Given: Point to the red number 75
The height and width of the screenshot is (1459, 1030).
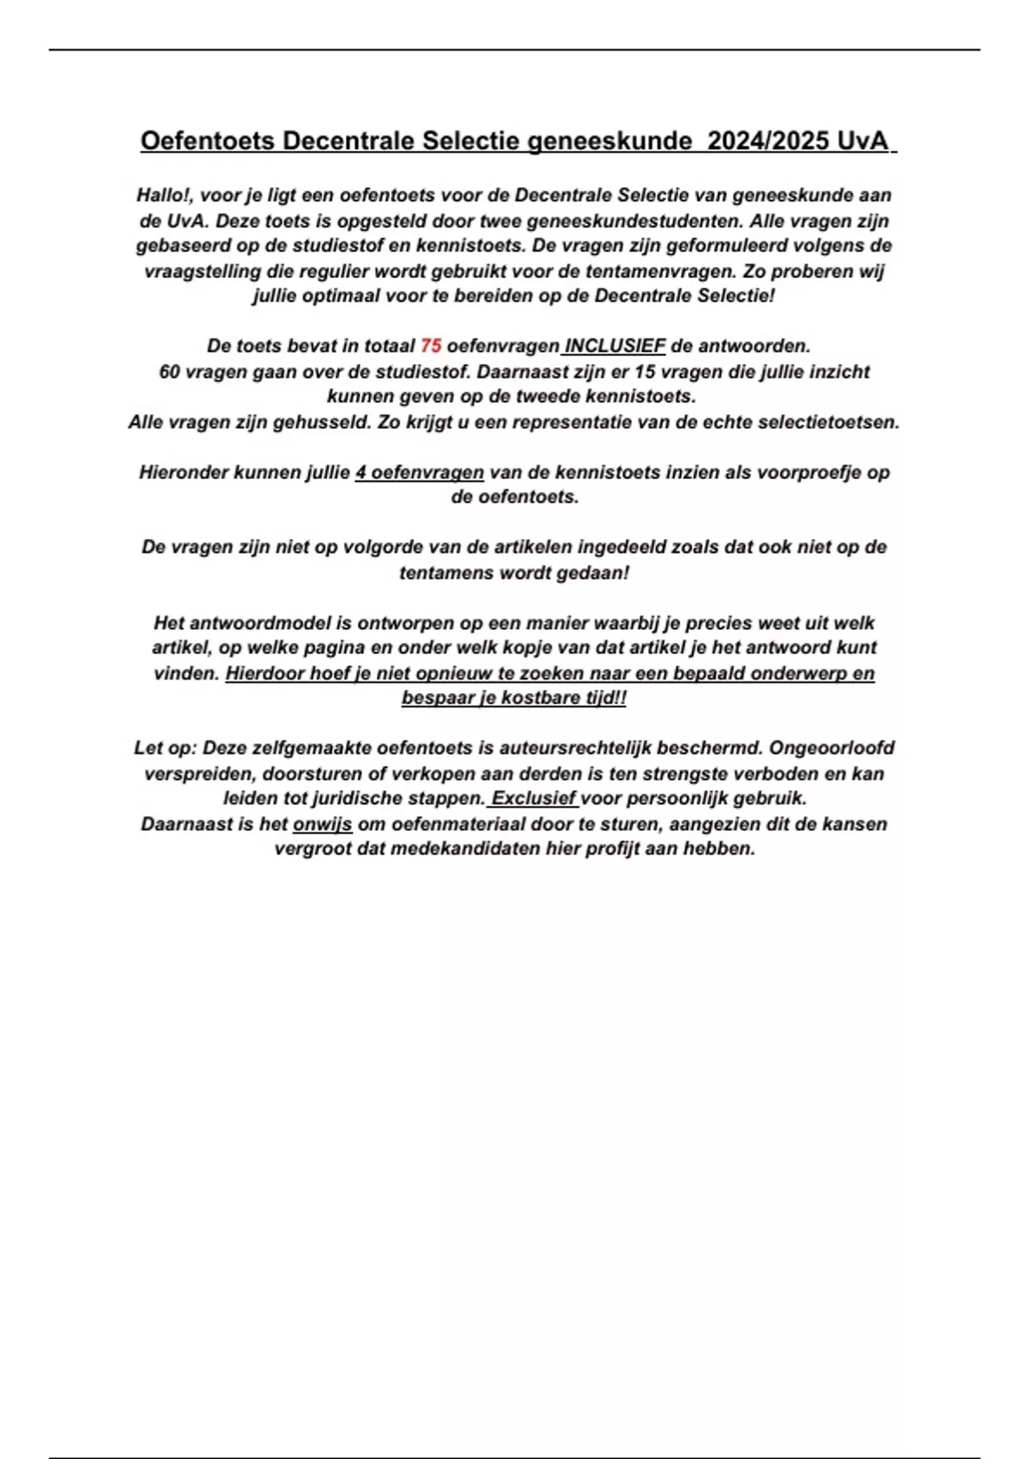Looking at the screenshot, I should click(431, 346).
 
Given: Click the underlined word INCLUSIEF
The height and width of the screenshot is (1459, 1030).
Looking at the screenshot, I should click(615, 346).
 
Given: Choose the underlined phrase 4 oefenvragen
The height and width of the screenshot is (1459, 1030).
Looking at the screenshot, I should click(420, 472).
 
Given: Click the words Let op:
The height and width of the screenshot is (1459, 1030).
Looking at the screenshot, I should click(166, 748).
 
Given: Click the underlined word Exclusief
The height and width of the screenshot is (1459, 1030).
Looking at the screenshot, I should click(534, 798).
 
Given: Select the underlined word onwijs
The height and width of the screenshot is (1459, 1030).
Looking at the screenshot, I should click(323, 824).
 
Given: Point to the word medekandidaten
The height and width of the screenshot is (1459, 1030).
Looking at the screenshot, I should click(464, 849).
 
